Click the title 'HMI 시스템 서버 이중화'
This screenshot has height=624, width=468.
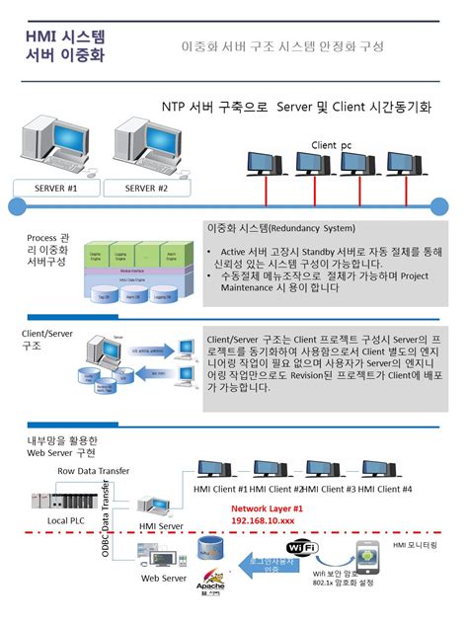pos(66,45)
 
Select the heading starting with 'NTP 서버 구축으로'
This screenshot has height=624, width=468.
pos(296,106)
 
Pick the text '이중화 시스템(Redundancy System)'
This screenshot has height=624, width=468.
pos(279,227)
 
